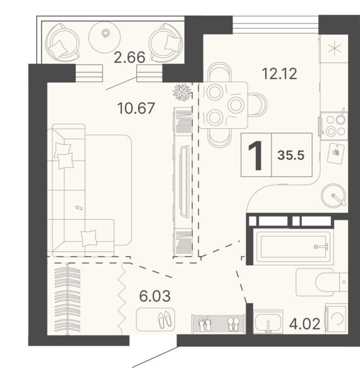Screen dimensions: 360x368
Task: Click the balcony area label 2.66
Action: click(x=129, y=57)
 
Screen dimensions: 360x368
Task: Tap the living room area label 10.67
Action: click(x=136, y=108)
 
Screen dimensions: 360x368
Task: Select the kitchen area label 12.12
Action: click(x=279, y=73)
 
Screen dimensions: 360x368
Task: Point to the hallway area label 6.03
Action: click(x=155, y=296)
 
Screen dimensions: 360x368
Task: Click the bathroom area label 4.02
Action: click(x=304, y=324)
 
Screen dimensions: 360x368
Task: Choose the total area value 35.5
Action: click(x=291, y=155)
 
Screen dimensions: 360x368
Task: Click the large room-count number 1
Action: click(x=256, y=156)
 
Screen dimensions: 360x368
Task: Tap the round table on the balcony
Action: click(x=104, y=37)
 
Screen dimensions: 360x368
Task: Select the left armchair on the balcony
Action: click(x=62, y=42)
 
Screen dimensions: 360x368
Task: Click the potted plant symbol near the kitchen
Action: click(x=182, y=92)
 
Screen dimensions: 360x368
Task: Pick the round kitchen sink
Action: click(x=333, y=195)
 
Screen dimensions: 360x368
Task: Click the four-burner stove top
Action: click(x=334, y=126)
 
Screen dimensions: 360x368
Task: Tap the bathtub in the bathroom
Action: click(x=294, y=246)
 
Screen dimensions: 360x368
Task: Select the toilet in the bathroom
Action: click(x=321, y=282)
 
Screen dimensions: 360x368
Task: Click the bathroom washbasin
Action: click(x=268, y=321)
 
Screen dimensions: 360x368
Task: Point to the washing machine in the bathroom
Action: click(x=336, y=319)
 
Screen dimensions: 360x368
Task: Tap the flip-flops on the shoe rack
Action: click(x=205, y=324)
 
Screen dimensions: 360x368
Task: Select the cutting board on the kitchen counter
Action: click(x=336, y=153)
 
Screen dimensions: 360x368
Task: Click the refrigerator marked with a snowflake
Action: click(x=333, y=49)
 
